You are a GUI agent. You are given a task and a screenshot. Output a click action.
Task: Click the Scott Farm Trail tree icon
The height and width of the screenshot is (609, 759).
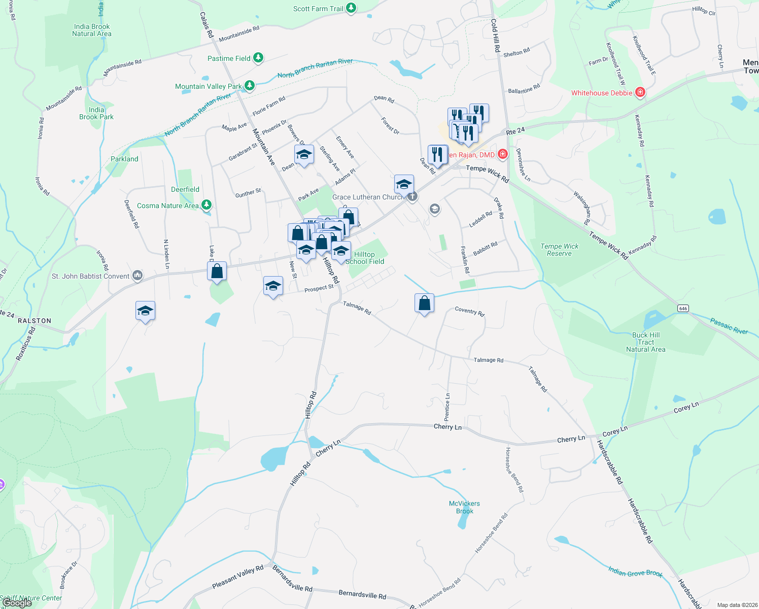point(351,8)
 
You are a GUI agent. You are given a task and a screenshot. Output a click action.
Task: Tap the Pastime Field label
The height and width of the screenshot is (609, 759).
point(229,58)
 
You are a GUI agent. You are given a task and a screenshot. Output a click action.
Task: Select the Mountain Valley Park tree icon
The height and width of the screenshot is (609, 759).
point(250,86)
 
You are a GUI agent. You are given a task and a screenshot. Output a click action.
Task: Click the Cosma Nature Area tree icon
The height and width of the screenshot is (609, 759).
point(206,205)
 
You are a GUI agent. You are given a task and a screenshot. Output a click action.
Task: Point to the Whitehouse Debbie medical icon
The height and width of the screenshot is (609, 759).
point(640,92)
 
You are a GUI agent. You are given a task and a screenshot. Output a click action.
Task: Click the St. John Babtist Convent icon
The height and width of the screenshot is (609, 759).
point(137,276)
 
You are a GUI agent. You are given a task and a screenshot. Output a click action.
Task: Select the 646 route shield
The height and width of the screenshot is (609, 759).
point(683,309)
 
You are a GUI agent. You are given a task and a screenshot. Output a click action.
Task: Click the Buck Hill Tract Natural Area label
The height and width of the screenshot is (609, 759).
point(646,342)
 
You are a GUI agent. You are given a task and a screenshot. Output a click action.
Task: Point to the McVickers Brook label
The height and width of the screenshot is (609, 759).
point(464,507)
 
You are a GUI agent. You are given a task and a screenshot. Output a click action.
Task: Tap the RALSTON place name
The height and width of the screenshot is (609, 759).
point(34,321)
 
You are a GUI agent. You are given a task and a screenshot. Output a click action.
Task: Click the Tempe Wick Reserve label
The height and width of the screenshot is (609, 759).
point(559,250)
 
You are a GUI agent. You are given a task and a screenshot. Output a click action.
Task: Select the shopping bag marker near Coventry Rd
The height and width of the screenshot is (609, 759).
point(424,303)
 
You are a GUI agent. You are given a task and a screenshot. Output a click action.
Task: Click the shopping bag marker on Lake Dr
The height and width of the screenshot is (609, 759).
point(217,272)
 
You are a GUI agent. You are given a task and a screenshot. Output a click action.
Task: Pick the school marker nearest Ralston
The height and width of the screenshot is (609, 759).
point(145,311)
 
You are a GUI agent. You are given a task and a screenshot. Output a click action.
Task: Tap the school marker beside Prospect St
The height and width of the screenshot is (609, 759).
point(273,286)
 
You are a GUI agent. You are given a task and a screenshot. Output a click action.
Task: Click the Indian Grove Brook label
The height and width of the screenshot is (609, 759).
point(635,572)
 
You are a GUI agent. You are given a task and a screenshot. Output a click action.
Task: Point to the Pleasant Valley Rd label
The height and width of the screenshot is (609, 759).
point(238,577)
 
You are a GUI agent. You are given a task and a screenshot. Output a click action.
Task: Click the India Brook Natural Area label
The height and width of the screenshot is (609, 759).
point(92,30)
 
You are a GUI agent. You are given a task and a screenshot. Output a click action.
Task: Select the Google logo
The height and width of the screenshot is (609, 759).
point(17,603)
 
